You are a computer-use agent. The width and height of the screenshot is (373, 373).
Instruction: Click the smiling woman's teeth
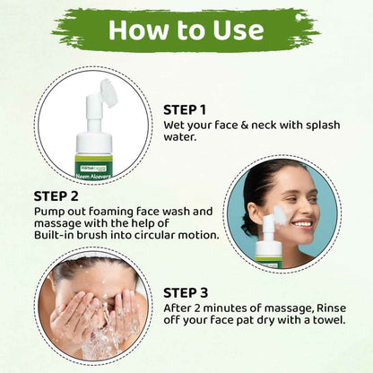click(x=305, y=223)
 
